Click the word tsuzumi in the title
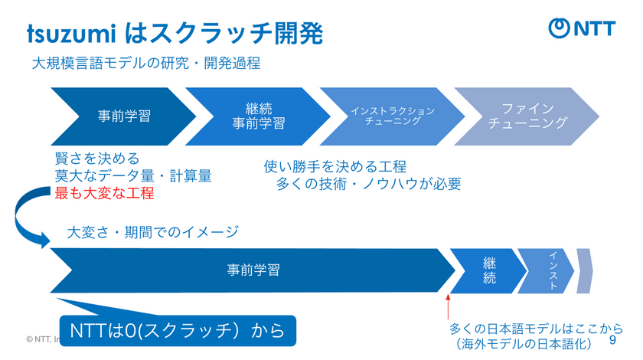[70, 33]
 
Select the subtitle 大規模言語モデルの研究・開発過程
[146, 64]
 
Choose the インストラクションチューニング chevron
[393, 116]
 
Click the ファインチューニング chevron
[527, 116]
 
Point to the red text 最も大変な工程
[104, 192]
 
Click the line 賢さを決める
[97, 159]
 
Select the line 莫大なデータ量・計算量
[132, 175]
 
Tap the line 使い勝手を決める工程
[335, 167]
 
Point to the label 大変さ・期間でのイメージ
[153, 231]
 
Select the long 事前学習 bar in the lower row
[253, 270]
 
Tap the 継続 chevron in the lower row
[489, 270]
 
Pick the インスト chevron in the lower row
[548, 270]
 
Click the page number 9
[612, 339]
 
